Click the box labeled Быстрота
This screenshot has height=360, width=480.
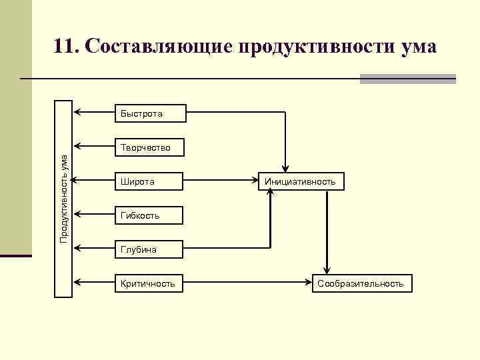click(151, 114)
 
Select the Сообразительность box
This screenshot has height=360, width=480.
click(361, 283)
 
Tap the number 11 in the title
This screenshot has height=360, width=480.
click(65, 47)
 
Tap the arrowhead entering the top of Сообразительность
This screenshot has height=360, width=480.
click(326, 270)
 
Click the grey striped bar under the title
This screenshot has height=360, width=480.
click(407, 79)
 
